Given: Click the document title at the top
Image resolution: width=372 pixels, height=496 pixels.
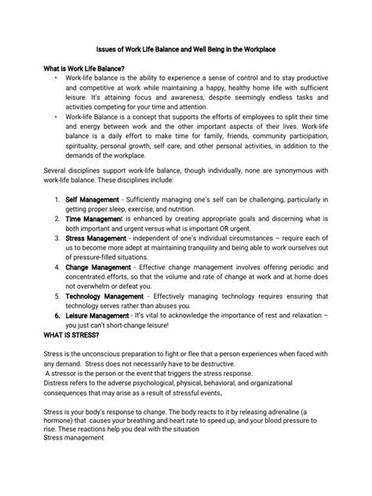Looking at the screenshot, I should (186, 49).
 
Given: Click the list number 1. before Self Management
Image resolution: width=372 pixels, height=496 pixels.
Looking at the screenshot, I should (58, 201).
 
